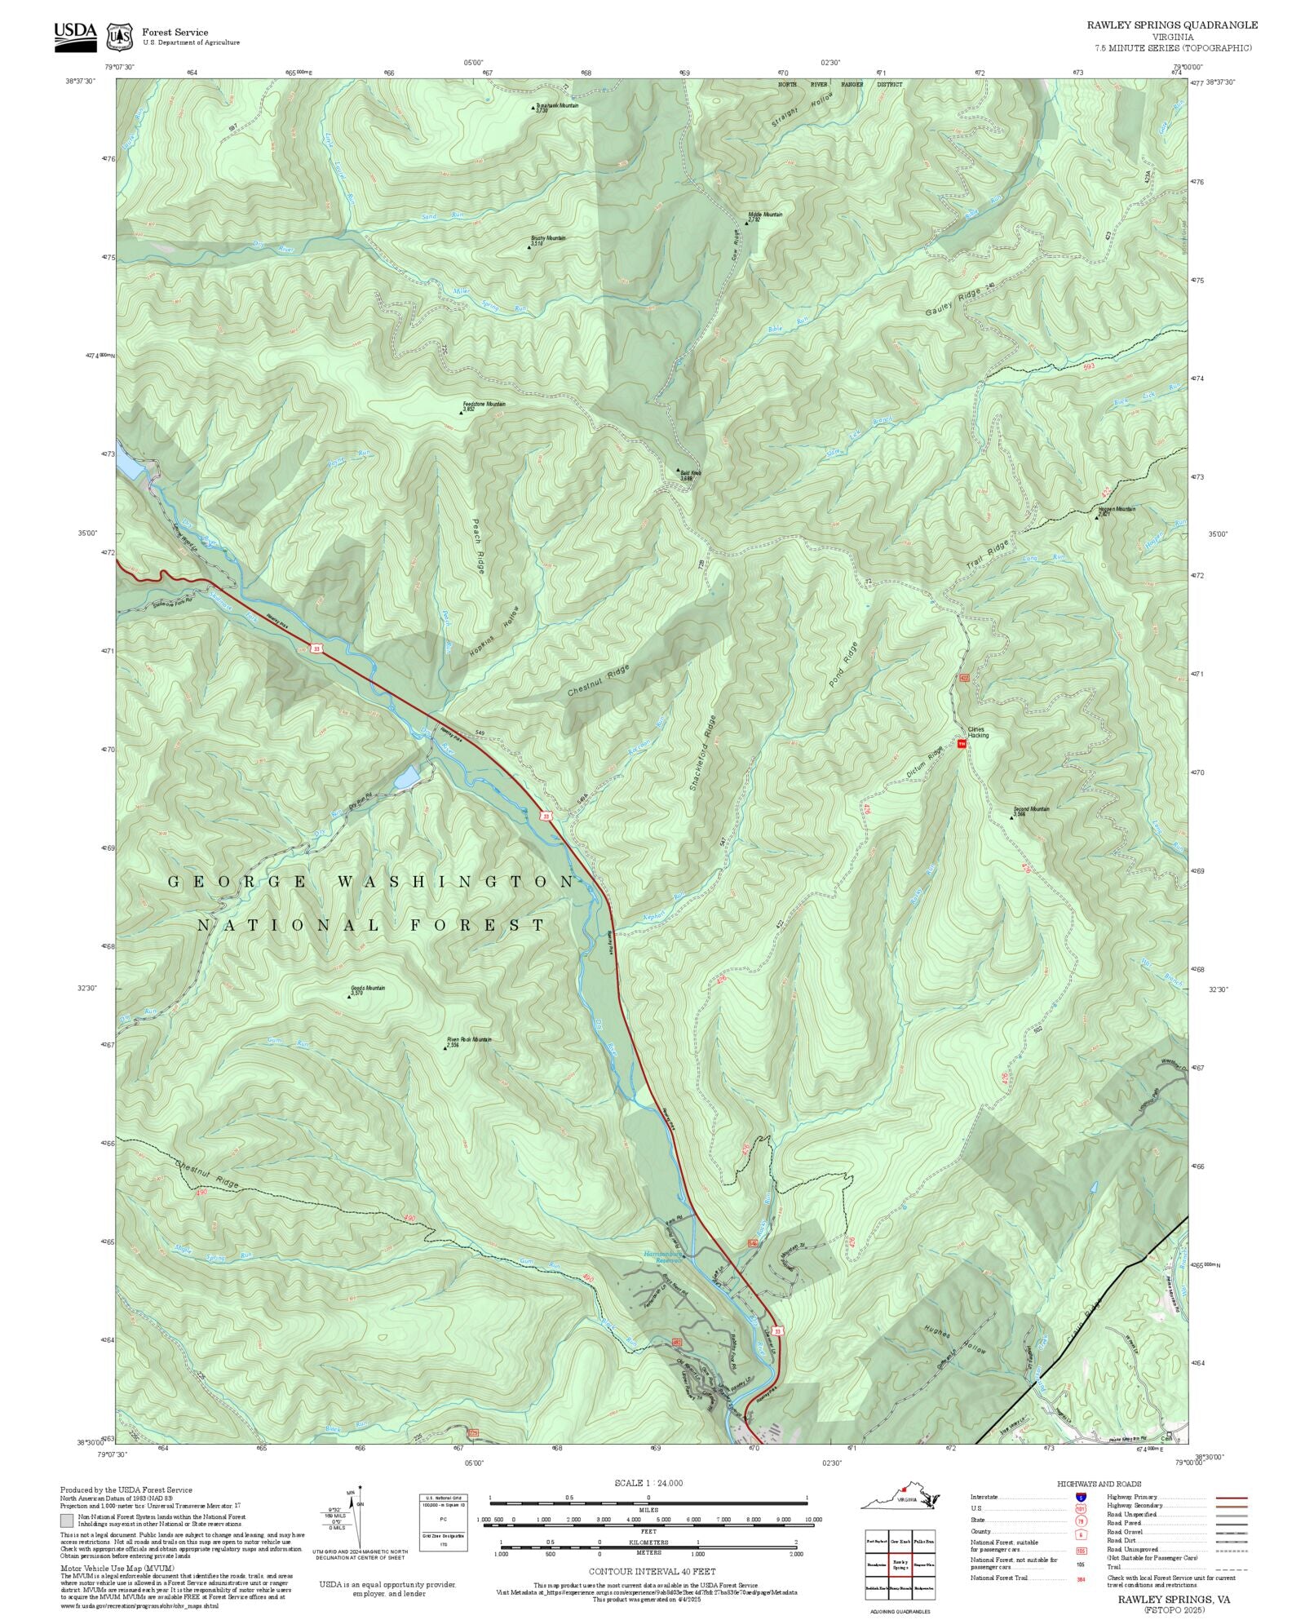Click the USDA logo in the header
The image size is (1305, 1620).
75,36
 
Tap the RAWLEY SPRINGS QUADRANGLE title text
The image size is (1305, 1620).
1171,25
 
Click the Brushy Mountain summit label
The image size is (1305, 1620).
548,240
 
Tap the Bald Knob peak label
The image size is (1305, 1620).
688,474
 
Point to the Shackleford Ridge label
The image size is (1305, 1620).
702,752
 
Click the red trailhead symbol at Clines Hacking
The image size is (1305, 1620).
962,743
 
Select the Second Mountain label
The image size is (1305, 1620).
1031,811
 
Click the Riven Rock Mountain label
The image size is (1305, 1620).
468,1041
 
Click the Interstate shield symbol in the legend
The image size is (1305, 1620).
1081,1498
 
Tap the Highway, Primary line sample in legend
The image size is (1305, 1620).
1231,1498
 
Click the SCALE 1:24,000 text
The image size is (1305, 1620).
648,1483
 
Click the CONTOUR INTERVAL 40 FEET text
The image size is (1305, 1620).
652,1569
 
